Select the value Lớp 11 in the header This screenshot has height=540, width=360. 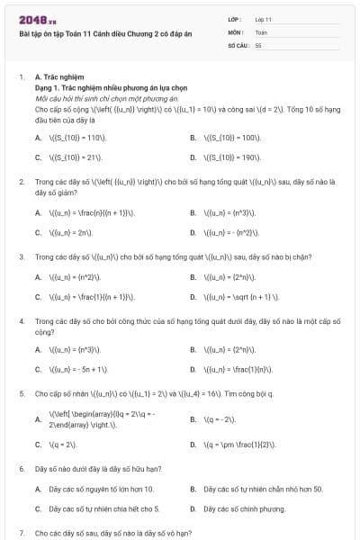(x=264, y=18)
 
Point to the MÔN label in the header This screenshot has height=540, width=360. (x=237, y=31)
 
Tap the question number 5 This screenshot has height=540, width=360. (x=22, y=394)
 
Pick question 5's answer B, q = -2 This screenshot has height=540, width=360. (x=220, y=419)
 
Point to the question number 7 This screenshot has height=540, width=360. (x=22, y=533)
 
